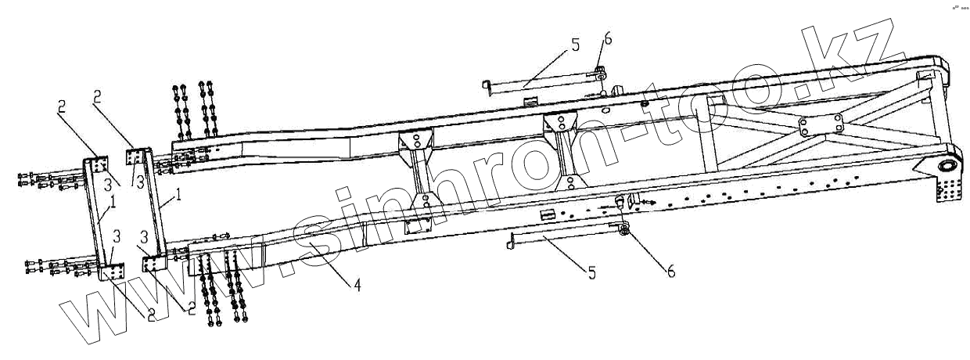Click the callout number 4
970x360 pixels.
[357, 286]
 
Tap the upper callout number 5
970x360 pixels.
[576, 45]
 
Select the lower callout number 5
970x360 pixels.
[591, 273]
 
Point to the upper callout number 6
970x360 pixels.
[608, 39]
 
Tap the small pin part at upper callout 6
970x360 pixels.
[599, 75]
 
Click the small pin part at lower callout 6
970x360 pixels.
[623, 228]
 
